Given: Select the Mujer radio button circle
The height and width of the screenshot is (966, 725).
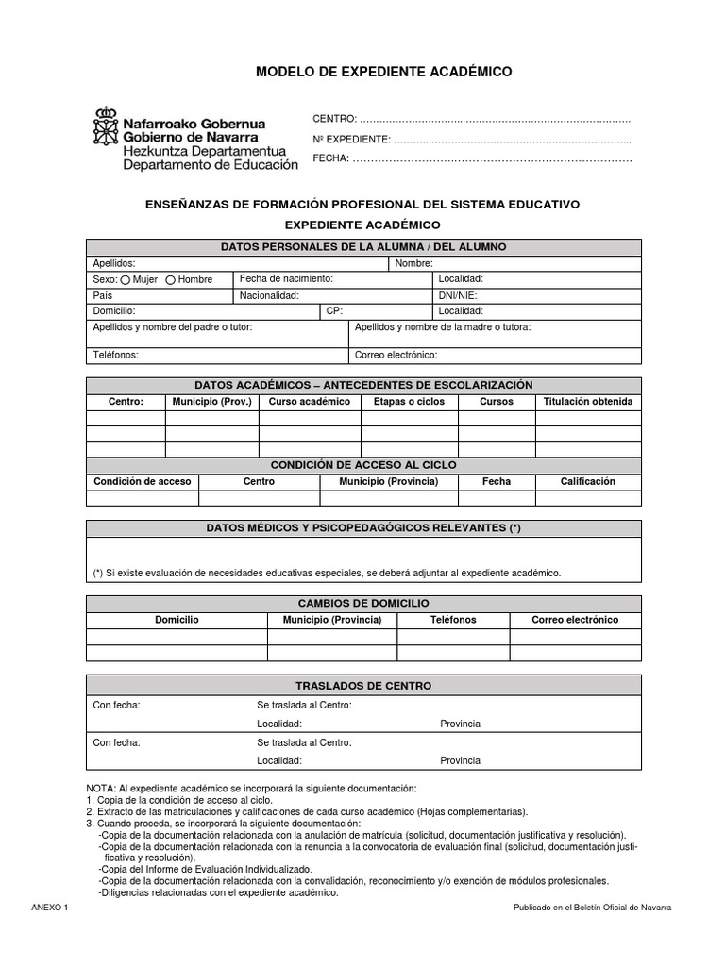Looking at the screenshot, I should [x=126, y=279].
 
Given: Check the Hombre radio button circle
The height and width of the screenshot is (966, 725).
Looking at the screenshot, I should [x=171, y=279].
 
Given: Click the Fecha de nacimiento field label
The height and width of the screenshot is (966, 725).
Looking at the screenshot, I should [x=286, y=279].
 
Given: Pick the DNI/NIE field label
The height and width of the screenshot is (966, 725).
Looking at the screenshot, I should [x=458, y=295].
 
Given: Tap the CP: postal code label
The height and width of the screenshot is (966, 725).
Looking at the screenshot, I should [x=334, y=310].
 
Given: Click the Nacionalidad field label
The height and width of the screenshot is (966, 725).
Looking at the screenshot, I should [x=269, y=295].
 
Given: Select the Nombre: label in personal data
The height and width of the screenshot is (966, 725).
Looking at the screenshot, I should [x=413, y=263].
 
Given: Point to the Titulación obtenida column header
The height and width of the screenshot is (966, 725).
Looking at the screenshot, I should [x=588, y=401].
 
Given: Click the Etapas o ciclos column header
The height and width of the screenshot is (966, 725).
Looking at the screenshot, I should [x=409, y=401].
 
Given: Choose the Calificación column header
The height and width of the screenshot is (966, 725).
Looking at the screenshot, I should [x=587, y=481].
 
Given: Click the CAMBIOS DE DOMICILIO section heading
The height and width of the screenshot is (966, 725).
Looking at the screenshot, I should [x=363, y=603].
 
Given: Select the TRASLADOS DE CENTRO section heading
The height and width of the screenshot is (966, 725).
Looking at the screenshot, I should [x=363, y=686].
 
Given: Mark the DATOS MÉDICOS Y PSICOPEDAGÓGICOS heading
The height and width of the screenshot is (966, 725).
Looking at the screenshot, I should [x=363, y=528].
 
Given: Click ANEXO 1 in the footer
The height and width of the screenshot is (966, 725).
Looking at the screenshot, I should [x=50, y=907].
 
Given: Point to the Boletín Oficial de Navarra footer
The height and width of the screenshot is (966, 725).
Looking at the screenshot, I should [x=592, y=907].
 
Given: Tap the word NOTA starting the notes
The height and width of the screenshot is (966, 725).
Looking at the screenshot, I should [x=100, y=788].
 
